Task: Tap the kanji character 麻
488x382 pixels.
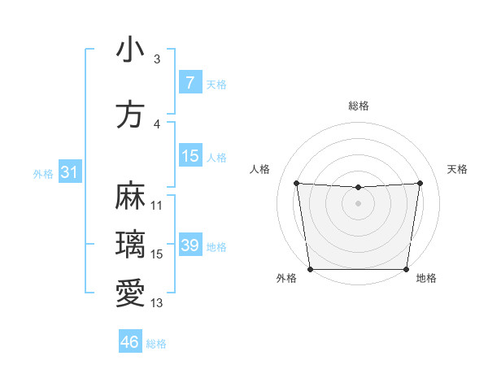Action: (x=130, y=197)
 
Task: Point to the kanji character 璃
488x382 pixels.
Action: (x=130, y=244)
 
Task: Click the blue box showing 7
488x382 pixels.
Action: (x=190, y=83)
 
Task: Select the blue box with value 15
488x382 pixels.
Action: (x=190, y=156)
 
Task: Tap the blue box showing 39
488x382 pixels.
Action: (x=190, y=245)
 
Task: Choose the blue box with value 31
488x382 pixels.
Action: (x=69, y=172)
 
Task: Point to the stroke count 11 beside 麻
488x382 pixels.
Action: (x=157, y=205)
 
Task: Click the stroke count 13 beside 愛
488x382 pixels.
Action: (x=157, y=303)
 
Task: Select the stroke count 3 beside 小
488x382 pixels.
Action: (x=156, y=59)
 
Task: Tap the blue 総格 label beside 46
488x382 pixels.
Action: (x=156, y=344)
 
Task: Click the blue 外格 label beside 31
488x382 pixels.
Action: (x=43, y=173)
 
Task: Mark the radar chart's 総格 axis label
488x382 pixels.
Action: (x=359, y=106)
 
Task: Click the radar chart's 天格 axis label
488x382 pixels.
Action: (x=458, y=169)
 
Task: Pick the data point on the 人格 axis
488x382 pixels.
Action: (x=296, y=183)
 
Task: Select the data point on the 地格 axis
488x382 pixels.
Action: (x=407, y=269)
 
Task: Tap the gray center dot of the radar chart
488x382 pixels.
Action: (x=358, y=203)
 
